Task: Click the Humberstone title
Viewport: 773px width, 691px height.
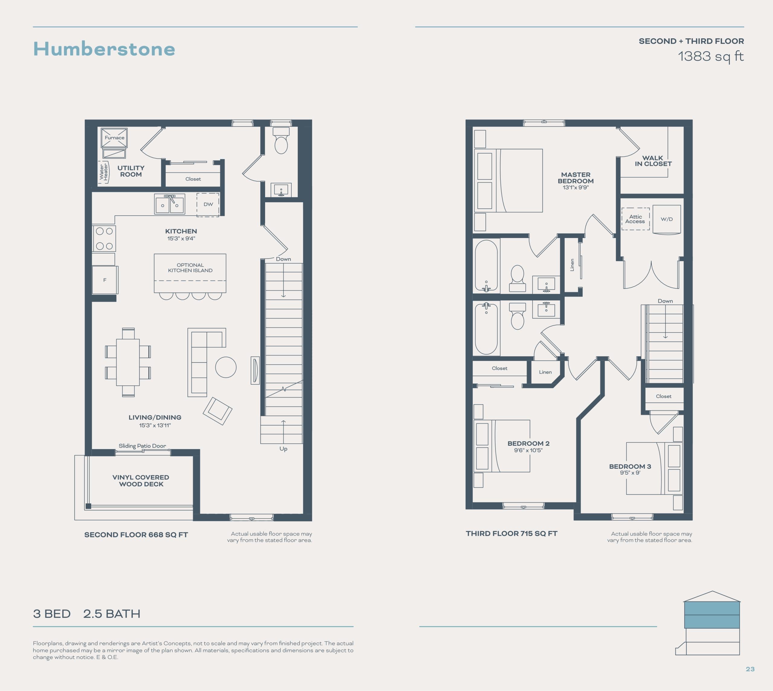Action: coord(104,49)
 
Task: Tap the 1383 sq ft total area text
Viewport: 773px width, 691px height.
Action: coord(710,56)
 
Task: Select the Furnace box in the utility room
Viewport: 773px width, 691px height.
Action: coord(114,137)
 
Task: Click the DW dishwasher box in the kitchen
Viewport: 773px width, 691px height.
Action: coord(208,205)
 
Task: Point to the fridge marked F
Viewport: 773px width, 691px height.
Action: coord(105,280)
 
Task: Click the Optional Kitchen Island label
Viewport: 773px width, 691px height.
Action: coord(190,268)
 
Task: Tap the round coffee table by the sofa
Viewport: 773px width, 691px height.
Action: coord(226,367)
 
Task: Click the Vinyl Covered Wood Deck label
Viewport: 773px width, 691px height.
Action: coord(141,481)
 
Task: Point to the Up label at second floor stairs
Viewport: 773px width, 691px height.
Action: coord(283,449)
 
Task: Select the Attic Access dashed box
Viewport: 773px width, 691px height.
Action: coord(635,219)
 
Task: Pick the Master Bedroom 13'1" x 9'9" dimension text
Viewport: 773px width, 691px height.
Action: coord(576,188)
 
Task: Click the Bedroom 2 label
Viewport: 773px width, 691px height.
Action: coord(528,443)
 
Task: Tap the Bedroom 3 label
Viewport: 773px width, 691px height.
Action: coord(630,466)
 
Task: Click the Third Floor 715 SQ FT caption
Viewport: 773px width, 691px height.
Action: coord(512,533)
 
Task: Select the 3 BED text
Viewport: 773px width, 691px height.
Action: coord(52,614)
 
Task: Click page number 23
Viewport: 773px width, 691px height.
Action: coord(750,669)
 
